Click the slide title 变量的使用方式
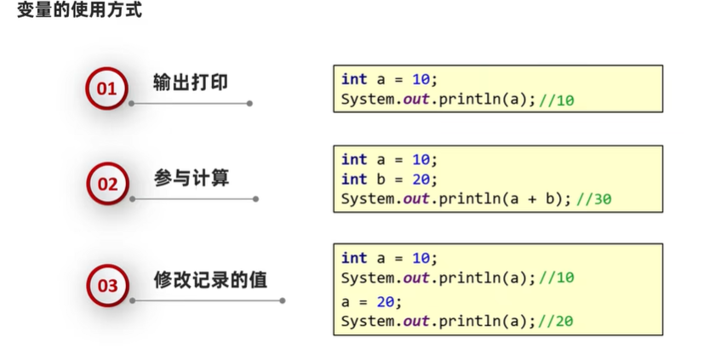[79, 12]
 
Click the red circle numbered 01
[106, 88]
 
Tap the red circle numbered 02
[107, 183]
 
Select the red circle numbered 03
[107, 285]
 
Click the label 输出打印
[191, 82]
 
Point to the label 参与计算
[192, 178]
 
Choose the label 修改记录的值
[210, 279]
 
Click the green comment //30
[593, 199]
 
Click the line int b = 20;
[388, 180]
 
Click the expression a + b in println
[528, 199]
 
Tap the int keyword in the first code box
[353, 79]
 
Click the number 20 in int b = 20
[421, 180]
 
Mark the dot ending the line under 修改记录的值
[283, 300]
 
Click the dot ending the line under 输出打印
[249, 104]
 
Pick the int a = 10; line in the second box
[388, 159]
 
